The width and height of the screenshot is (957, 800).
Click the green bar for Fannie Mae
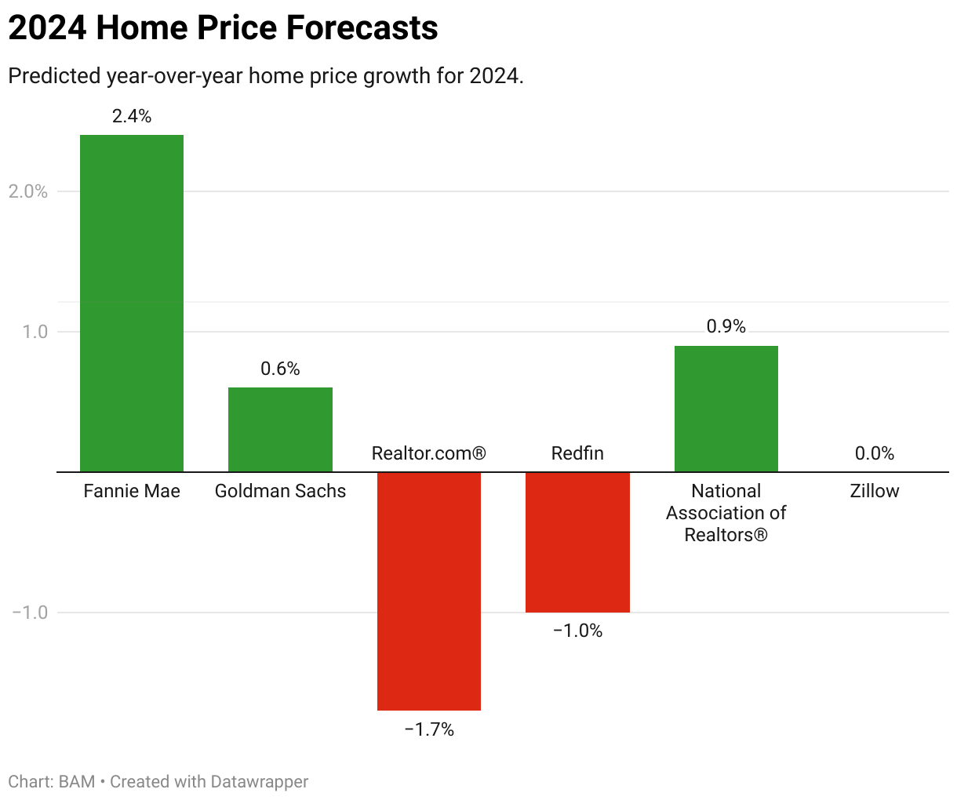(132, 303)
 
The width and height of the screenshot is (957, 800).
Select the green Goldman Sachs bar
(280, 429)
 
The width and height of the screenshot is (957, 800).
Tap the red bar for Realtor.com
(429, 591)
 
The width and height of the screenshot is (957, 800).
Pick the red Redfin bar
(577, 542)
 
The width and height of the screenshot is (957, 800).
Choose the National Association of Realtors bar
(726, 409)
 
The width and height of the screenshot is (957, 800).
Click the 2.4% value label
(132, 116)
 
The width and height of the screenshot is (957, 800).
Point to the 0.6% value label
(280, 369)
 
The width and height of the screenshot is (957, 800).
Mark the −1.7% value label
(429, 729)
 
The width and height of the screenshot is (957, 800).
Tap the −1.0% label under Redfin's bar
(577, 631)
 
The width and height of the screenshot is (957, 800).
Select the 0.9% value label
(726, 326)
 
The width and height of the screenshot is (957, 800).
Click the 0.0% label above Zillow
(875, 453)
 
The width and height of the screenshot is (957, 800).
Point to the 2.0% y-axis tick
(28, 191)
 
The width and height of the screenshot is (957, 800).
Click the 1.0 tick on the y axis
(35, 332)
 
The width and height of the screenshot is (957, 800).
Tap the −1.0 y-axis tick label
(30, 613)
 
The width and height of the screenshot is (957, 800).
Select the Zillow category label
(875, 491)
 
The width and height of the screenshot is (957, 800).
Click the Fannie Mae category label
(132, 491)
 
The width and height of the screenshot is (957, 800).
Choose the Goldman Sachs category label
(280, 491)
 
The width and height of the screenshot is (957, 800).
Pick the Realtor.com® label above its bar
(429, 453)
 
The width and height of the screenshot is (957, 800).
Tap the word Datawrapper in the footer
(259, 782)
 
